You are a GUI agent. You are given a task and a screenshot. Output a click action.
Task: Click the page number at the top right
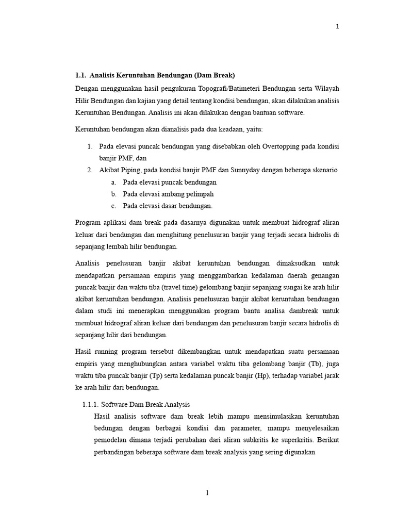tap(338, 27)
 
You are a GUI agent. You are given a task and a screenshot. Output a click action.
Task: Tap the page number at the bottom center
tap(207, 493)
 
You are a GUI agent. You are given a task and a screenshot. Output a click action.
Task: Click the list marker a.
tap(113, 182)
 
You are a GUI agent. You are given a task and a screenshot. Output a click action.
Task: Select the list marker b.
tap(113, 194)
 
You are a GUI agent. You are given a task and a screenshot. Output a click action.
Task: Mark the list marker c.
tap(113, 206)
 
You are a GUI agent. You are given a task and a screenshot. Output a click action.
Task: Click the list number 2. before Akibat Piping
tap(89, 170)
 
